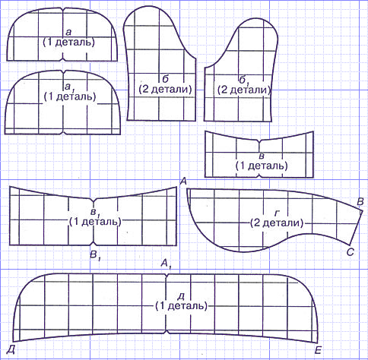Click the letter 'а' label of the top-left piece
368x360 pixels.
point(68,32)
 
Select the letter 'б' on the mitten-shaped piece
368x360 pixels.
point(165,79)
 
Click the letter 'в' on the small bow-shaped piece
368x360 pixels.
point(262,156)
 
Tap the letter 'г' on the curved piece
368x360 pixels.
point(276,213)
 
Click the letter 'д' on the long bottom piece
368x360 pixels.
point(181,295)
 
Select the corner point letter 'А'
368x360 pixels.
point(183,182)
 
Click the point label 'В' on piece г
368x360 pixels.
point(360,202)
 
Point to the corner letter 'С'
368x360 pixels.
point(350,252)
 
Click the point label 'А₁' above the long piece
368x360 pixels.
point(167,264)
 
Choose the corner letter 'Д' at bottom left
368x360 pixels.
point(11,349)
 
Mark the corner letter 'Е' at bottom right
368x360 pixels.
point(318,350)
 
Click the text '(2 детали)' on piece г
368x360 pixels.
point(277,223)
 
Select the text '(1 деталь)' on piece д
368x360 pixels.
point(182,306)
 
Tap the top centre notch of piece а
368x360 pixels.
point(63,9)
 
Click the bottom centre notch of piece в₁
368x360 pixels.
point(94,244)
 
